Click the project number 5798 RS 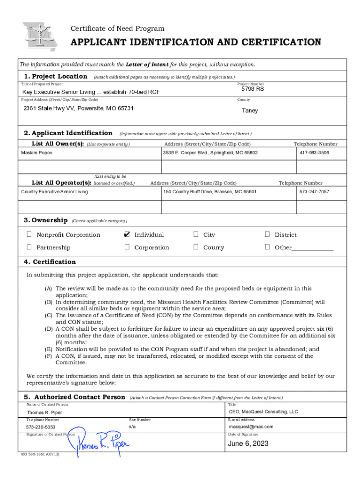click(x=252, y=89)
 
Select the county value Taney click(x=250, y=111)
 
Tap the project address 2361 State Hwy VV click(x=79, y=109)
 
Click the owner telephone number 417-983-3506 click(x=314, y=153)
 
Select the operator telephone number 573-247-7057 click(x=314, y=192)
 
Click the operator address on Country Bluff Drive click(x=209, y=192)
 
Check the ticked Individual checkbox click(x=127, y=234)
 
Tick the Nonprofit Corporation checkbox click(x=29, y=234)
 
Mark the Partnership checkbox click(x=29, y=247)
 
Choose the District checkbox click(x=267, y=234)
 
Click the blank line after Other click(x=312, y=248)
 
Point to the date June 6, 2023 click(x=248, y=443)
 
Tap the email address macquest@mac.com click(x=251, y=427)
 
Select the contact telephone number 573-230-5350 click(x=41, y=427)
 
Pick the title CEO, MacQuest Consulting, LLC click(x=263, y=412)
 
